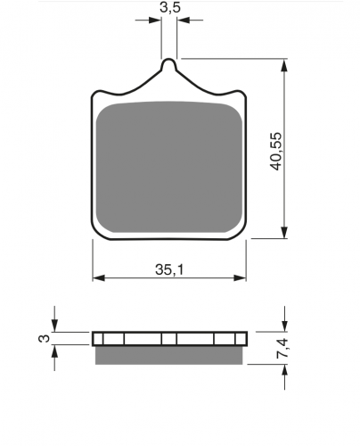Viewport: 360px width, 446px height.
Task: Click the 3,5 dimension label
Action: tap(170, 7)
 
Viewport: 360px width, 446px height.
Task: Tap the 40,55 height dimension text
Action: tap(276, 152)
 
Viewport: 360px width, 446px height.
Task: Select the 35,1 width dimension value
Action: tap(169, 269)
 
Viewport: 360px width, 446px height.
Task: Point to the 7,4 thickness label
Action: tap(282, 348)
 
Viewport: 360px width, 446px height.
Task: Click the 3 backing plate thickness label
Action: tap(45, 338)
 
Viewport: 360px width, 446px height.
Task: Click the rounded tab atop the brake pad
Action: tap(168, 65)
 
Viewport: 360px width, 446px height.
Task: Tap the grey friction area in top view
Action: tap(169, 167)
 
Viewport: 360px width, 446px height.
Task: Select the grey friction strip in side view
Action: tap(168, 355)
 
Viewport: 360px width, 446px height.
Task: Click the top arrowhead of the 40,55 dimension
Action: tap(284, 65)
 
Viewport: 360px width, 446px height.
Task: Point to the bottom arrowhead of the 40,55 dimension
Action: tap(284, 232)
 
